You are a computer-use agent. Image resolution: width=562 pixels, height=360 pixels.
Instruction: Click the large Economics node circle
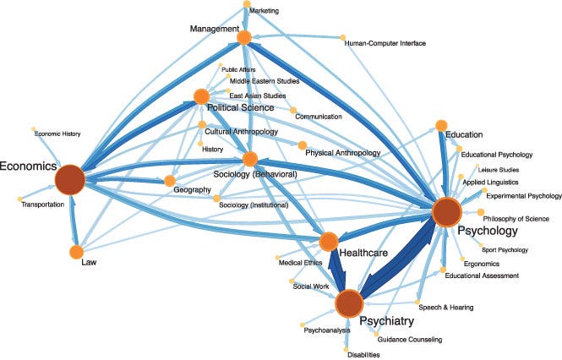71,179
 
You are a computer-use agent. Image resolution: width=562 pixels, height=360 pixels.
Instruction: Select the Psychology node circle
445,211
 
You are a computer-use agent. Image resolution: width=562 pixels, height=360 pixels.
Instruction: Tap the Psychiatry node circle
349,303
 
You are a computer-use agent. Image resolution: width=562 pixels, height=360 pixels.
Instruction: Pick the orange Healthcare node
330,242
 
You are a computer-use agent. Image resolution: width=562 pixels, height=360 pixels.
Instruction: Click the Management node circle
244,37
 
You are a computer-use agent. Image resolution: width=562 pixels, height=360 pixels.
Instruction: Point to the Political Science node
201,96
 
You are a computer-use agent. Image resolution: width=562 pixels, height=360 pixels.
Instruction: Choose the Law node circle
75,252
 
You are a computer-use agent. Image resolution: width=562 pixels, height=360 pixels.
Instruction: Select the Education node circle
440,126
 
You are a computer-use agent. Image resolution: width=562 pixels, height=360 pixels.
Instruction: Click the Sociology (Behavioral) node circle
249,158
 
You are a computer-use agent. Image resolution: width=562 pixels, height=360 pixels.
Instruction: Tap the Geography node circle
169,181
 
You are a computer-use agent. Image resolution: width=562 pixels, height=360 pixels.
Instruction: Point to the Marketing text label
264,11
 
